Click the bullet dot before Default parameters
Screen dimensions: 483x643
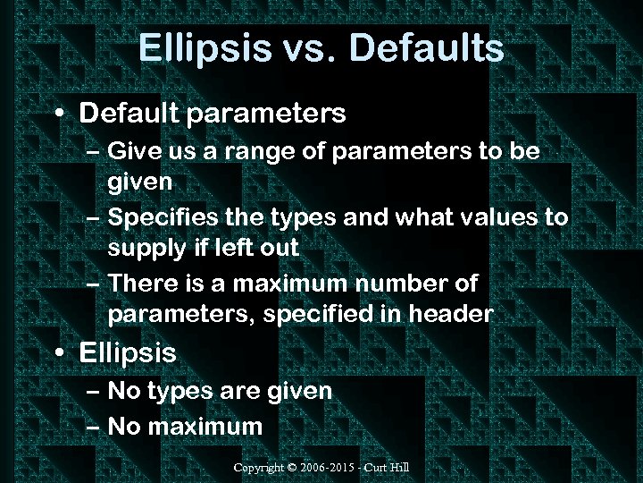pos(59,114)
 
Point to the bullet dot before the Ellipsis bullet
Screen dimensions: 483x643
pos(59,353)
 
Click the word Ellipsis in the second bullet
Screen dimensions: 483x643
pos(128,353)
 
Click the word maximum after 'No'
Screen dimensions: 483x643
pos(205,427)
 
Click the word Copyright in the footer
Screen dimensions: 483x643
pos(259,468)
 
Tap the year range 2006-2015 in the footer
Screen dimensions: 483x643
pos(330,468)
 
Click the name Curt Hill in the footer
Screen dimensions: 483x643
pos(389,468)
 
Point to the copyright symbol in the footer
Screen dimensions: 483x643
pos(293,468)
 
